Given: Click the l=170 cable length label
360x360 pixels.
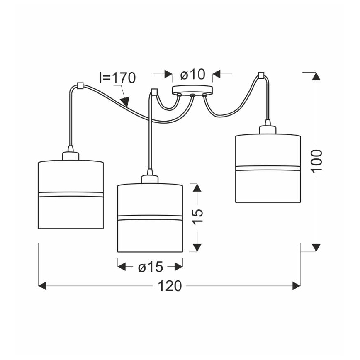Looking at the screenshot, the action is click(117, 78).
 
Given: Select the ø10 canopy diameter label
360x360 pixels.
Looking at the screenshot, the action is click(192, 75).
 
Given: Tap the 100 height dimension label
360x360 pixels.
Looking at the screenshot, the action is click(316, 161).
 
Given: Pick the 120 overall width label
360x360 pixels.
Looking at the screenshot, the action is click(170, 286).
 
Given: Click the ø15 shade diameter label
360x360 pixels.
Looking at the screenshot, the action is click(151, 267).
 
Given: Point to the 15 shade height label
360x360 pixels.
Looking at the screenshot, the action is click(197, 216).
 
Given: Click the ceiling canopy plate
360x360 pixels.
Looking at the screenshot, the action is click(192, 90).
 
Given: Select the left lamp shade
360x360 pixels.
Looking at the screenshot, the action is click(71, 194).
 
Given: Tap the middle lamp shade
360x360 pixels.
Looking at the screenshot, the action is click(150, 218).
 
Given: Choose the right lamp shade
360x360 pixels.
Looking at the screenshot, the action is click(268, 168).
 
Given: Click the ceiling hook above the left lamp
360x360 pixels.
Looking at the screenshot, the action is click(80, 85).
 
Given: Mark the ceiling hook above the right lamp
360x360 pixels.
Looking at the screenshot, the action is click(261, 75).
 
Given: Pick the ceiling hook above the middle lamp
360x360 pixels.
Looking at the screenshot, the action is click(154, 92).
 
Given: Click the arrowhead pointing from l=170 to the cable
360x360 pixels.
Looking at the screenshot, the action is click(125, 102).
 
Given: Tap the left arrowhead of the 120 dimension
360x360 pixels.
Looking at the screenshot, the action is click(42, 286).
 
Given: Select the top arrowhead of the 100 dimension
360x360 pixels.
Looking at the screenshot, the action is click(316, 76).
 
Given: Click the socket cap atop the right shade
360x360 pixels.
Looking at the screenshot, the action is click(268, 130).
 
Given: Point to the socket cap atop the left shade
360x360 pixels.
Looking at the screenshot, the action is click(71, 156).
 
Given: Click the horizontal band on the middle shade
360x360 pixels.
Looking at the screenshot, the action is click(150, 218).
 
